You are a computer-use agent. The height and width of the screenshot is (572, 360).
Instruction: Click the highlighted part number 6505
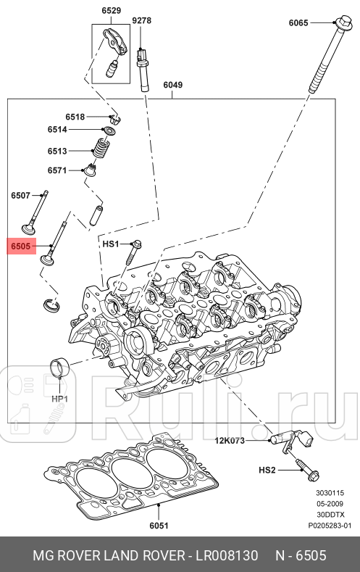[x=20, y=247]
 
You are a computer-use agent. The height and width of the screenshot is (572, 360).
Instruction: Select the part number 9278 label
[x=142, y=20]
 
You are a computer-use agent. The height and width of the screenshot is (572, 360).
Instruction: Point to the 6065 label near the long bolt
[x=298, y=23]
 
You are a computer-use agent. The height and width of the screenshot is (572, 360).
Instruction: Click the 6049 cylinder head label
[x=172, y=85]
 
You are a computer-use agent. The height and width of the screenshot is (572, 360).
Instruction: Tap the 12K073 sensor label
[x=229, y=440]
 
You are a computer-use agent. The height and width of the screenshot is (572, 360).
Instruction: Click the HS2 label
[x=267, y=471]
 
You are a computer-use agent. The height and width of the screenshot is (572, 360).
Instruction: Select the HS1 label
[x=110, y=244]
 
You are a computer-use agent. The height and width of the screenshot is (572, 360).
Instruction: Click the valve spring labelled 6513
[x=102, y=151]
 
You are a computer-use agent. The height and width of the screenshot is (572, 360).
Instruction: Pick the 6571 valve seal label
[x=57, y=170]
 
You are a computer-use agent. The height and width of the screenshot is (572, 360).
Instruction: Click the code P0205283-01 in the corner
[x=330, y=525]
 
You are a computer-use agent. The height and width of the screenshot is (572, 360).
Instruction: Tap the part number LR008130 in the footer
[x=223, y=555]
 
